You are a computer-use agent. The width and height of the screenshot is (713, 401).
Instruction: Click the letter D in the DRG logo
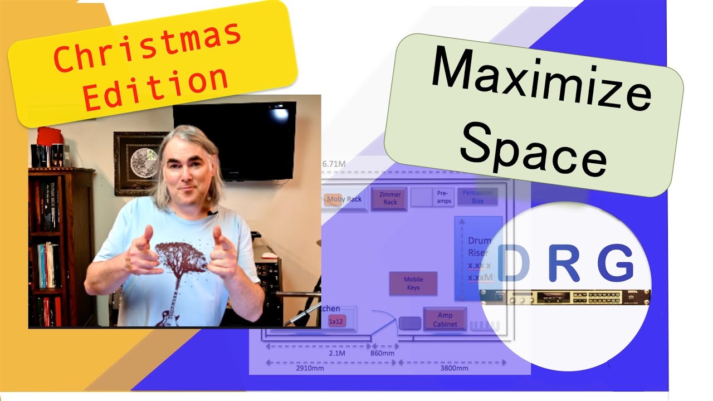(514, 263)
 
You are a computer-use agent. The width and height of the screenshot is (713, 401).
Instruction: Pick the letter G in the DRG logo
(616, 263)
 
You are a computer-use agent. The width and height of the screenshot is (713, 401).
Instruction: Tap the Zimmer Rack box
(390, 199)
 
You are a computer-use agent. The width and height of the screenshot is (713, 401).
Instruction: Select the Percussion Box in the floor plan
(477, 197)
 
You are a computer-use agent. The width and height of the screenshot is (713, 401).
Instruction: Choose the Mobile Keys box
(413, 283)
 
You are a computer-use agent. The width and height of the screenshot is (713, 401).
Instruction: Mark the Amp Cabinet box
(445, 320)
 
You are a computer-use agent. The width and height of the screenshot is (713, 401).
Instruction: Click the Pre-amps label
(443, 197)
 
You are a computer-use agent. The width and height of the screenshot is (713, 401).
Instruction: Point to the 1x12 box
(336, 321)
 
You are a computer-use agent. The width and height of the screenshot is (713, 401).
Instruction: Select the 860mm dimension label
(382, 353)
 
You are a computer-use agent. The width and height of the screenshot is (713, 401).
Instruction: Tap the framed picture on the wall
(136, 163)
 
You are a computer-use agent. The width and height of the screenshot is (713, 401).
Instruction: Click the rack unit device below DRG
(565, 297)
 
